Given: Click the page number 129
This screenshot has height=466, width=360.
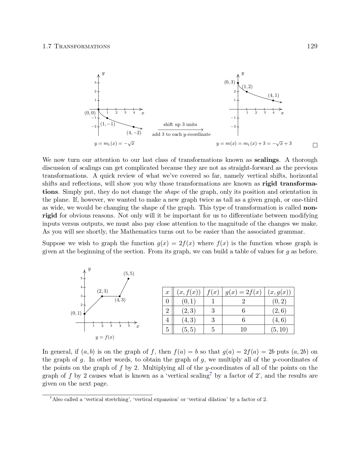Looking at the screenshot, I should tap(312, 46).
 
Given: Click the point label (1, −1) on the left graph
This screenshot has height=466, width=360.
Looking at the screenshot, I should tap(108, 124).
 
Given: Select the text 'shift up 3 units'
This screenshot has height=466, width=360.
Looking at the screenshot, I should tap(180, 125).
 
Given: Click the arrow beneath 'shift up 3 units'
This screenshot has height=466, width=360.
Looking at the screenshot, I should tap(180, 130).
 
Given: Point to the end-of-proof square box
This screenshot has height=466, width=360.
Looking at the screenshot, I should tap(315, 145).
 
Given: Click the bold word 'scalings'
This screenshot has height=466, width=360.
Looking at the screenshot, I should tap(266, 160).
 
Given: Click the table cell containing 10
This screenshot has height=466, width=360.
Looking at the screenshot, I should tap(243, 330).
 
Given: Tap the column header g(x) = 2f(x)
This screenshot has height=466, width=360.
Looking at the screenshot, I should tap(243, 292).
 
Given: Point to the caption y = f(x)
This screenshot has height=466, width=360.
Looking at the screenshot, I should tap(105, 337).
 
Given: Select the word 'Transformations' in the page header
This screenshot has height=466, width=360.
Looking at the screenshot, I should tap(82, 46).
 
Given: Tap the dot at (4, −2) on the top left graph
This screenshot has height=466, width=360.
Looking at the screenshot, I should tap(134, 127).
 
